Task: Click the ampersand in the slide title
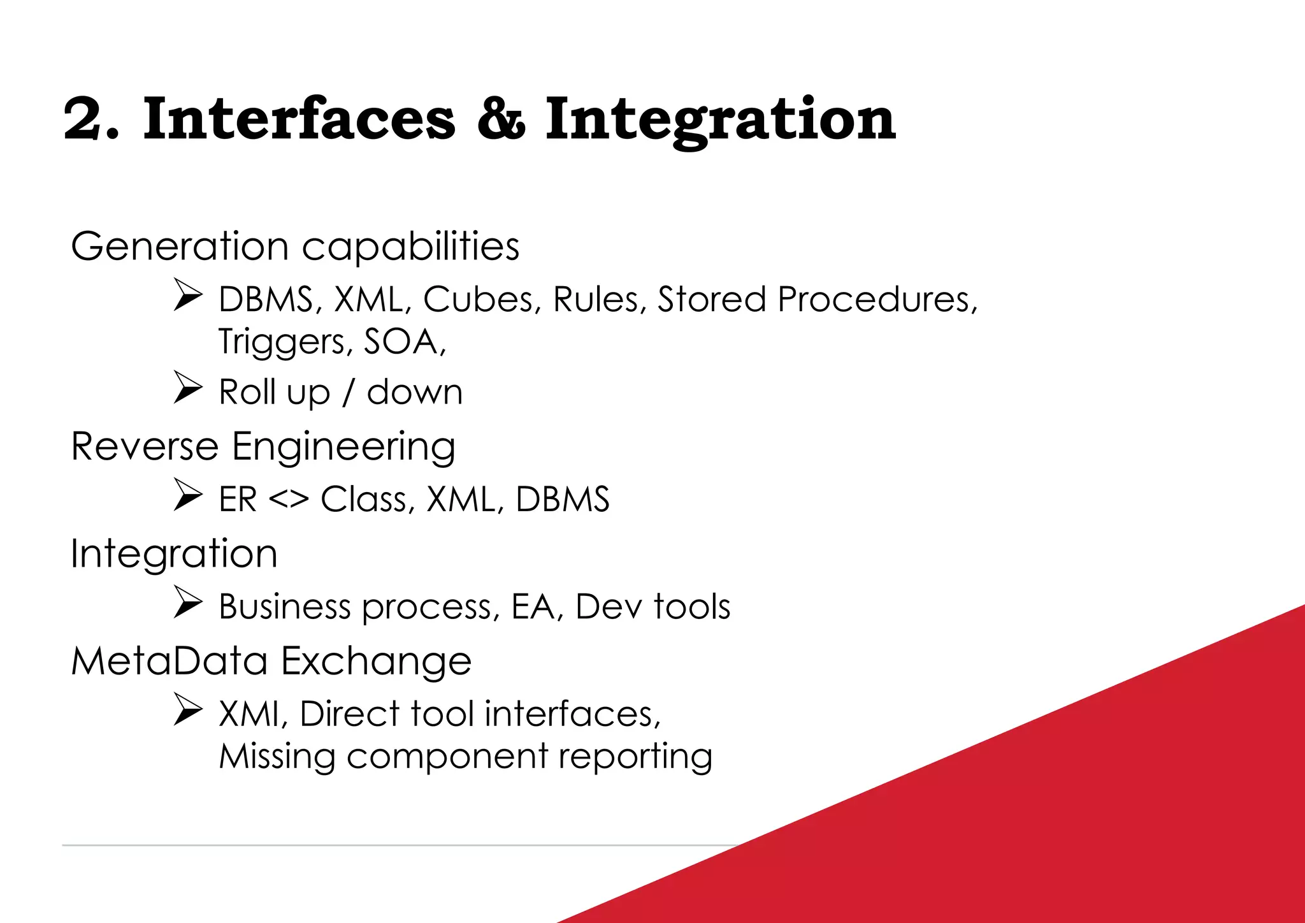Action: coord(501,119)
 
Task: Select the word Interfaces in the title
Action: coord(299,119)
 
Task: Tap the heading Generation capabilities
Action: coord(294,247)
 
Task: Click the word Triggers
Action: coord(281,342)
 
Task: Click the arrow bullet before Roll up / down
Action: coord(188,388)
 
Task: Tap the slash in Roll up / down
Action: coord(348,393)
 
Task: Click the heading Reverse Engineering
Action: coord(263,446)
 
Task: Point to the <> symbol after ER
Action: coord(288,499)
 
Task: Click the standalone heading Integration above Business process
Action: coord(173,553)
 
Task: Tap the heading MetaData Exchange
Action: coord(271,661)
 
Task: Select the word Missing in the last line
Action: coord(277,757)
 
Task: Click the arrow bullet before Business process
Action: coord(188,602)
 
